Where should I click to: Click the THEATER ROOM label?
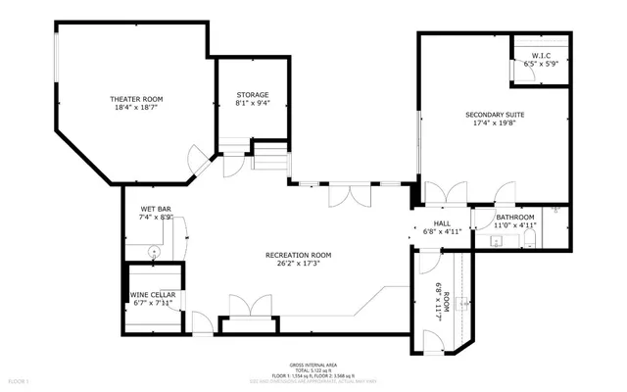pyautogui.click(x=135, y=99)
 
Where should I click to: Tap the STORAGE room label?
pyautogui.click(x=252, y=95)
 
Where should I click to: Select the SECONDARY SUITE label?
pyautogui.click(x=495, y=115)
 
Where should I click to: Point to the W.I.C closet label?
pyautogui.click(x=541, y=55)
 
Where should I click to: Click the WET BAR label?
pyautogui.click(x=156, y=209)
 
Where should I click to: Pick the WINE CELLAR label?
pyautogui.click(x=152, y=294)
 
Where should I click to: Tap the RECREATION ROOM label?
pyautogui.click(x=299, y=255)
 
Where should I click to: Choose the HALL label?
pyautogui.click(x=441, y=223)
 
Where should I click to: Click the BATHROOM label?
pyautogui.click(x=514, y=217)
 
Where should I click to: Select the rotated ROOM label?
pyautogui.click(x=447, y=299)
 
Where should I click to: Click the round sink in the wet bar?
pyautogui.click(x=154, y=252)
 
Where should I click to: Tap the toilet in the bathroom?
pyautogui.click(x=530, y=238)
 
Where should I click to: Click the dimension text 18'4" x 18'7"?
pyautogui.click(x=135, y=109)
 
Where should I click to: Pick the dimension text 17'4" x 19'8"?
pyautogui.click(x=495, y=124)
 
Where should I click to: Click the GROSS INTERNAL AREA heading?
pyautogui.click(x=313, y=363)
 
